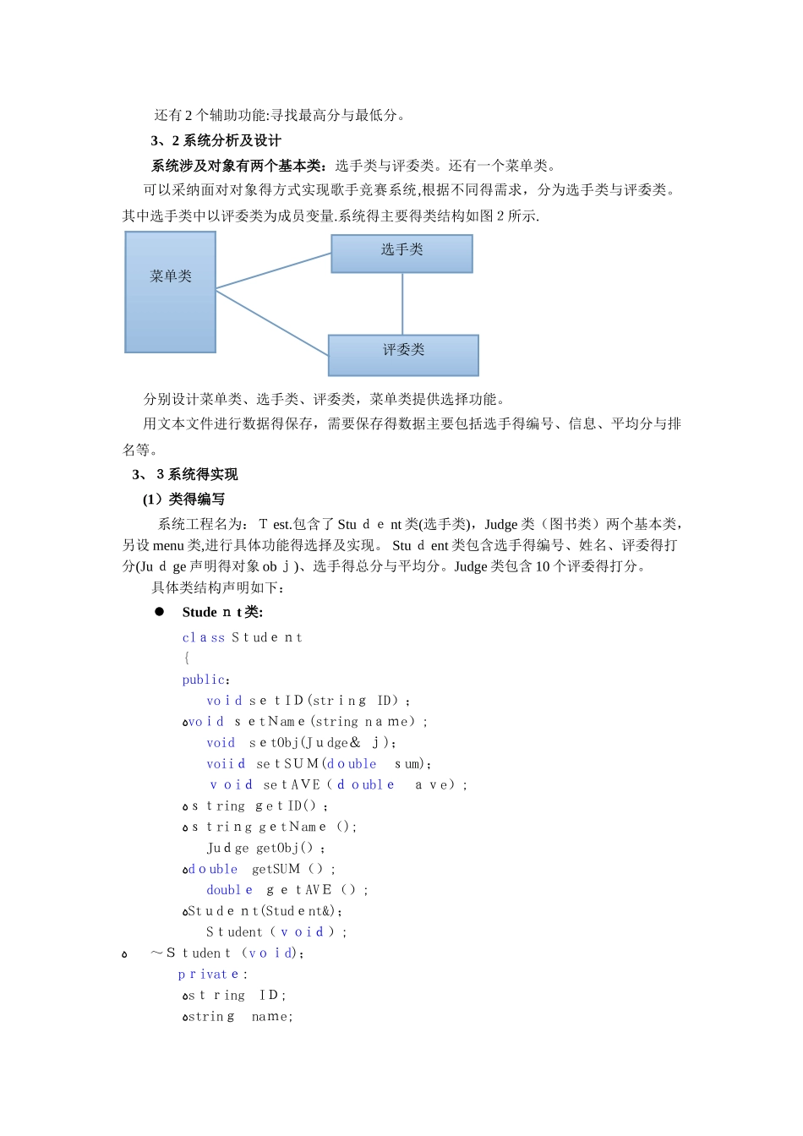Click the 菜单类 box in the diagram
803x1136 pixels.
coord(171,292)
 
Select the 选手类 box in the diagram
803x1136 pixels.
coord(401,254)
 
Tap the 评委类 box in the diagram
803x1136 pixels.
coord(403,355)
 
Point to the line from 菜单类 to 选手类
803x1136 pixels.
coord(273,271)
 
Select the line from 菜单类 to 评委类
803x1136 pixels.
coord(272,322)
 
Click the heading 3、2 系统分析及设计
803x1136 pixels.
coord(216,140)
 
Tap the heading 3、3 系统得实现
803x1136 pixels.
coord(185,474)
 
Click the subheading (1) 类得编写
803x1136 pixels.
coord(183,499)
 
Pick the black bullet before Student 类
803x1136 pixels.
coord(159,612)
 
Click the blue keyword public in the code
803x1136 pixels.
coord(204,680)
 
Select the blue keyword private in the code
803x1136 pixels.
coord(209,975)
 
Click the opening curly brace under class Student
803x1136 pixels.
coord(186,658)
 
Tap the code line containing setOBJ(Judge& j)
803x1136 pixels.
coord(301,743)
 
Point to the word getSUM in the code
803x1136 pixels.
coord(276,869)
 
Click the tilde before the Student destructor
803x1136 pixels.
coord(156,953)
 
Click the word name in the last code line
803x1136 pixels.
coord(270,1017)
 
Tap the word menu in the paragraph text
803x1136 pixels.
coord(168,545)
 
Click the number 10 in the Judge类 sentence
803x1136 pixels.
coord(543,566)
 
